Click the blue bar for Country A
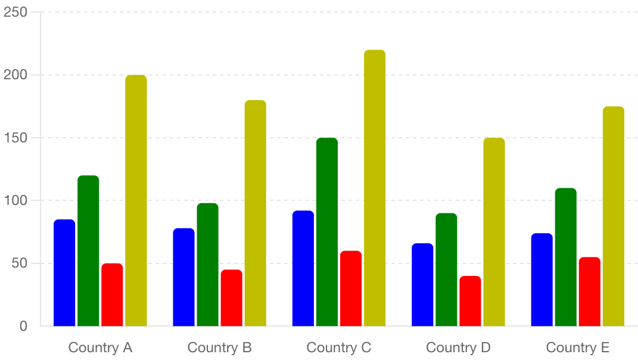click(x=64, y=273)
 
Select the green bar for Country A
click(x=88, y=251)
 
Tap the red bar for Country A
click(x=112, y=295)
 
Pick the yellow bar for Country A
click(x=136, y=201)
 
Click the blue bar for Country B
click(x=183, y=277)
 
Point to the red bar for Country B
click(x=231, y=298)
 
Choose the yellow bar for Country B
click(x=255, y=213)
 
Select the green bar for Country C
click(x=327, y=232)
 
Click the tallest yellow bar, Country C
click(x=375, y=188)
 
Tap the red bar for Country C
click(x=351, y=288)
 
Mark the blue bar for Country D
click(x=422, y=285)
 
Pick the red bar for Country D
click(x=470, y=301)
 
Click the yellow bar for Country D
click(x=494, y=232)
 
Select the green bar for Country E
click(x=565, y=257)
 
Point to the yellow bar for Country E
click(x=613, y=216)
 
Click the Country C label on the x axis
click(x=338, y=347)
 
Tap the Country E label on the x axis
click(x=577, y=347)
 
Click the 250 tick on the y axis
click(x=15, y=12)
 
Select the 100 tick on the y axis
click(x=15, y=200)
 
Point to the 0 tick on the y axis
click(x=23, y=326)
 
